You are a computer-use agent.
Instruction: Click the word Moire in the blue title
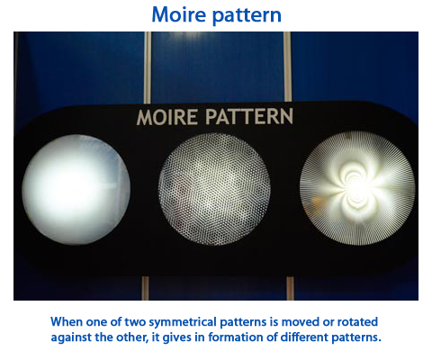(x=180, y=14)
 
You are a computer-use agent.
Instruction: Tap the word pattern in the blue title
(x=247, y=16)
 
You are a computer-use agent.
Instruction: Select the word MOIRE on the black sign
(x=167, y=117)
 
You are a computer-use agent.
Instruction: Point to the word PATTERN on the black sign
(x=249, y=116)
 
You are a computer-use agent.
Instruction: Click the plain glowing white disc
(x=76, y=189)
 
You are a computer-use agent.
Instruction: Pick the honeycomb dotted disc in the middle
(x=214, y=189)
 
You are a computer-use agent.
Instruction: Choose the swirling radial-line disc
(x=357, y=188)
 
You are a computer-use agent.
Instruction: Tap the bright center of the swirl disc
(x=357, y=187)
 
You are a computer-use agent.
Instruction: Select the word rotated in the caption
(x=357, y=322)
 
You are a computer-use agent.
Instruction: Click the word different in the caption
(x=304, y=337)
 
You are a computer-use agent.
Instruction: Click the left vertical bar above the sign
(x=148, y=67)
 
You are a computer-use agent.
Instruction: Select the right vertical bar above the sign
(x=287, y=67)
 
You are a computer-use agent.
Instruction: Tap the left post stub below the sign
(x=145, y=288)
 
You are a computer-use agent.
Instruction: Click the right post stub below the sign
(x=290, y=288)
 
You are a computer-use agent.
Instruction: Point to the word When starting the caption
(x=67, y=322)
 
